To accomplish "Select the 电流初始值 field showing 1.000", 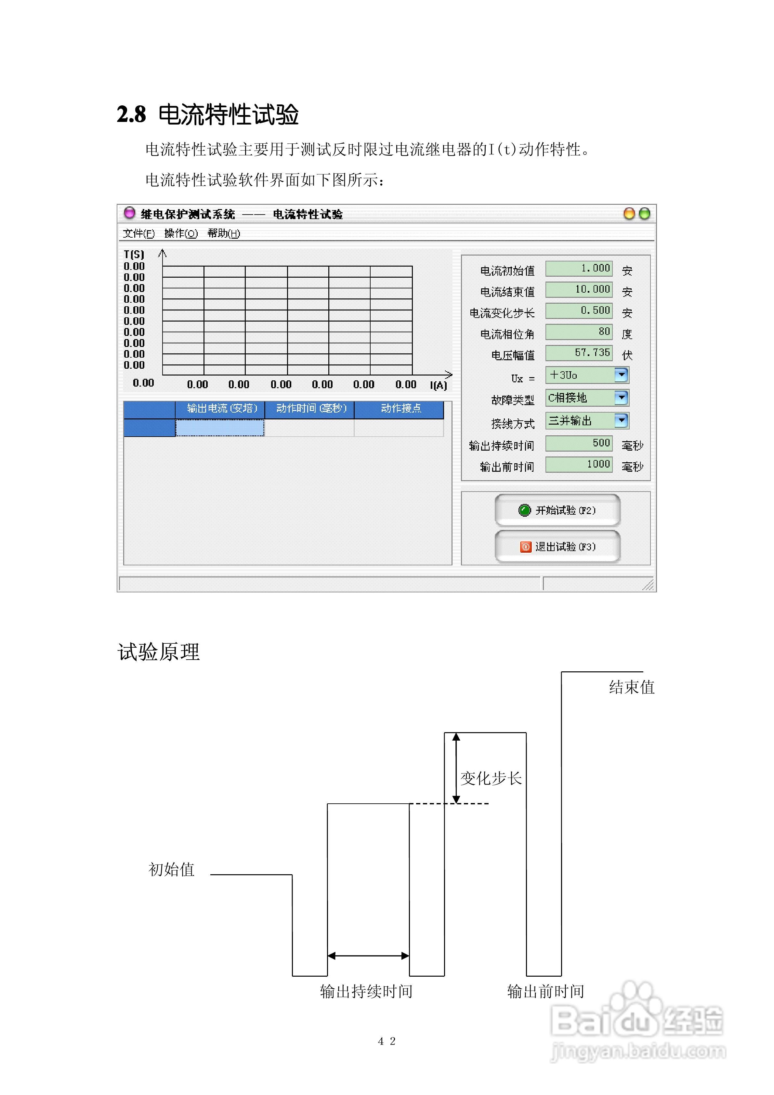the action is pyautogui.click(x=579, y=269).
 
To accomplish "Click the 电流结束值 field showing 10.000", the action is pyautogui.click(x=579, y=289).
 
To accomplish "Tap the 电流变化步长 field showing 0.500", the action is pyautogui.click(x=579, y=310).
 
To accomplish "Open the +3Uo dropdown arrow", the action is pyautogui.click(x=621, y=375).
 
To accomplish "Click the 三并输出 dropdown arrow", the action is pyautogui.click(x=621, y=420).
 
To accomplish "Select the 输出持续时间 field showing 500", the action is pyautogui.click(x=579, y=443).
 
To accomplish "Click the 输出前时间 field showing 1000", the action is pyautogui.click(x=579, y=464).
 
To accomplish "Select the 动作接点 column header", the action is pyautogui.click(x=400, y=409).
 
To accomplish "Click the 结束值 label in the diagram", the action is pyautogui.click(x=631, y=687).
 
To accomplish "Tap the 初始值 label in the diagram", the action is pyautogui.click(x=171, y=869).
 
